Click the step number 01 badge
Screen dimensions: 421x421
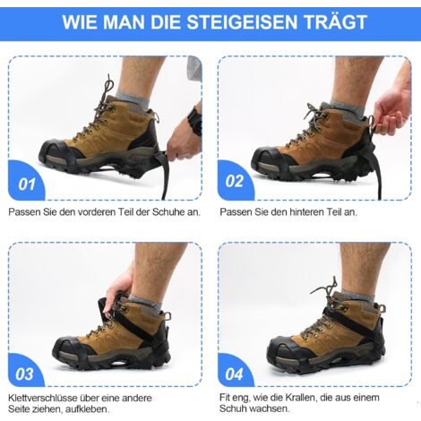pos(26,184)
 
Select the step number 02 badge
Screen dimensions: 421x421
pos(235,181)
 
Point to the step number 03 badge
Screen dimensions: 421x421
pos(24,374)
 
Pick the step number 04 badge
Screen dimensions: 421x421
pos(235,374)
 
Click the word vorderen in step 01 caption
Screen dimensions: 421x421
pos(98,212)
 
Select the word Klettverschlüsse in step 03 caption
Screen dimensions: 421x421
pos(43,398)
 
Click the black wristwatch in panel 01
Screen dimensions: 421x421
pos(195,120)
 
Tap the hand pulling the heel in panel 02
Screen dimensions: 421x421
pos(392,107)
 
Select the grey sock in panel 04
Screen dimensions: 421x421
pos(357,296)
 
